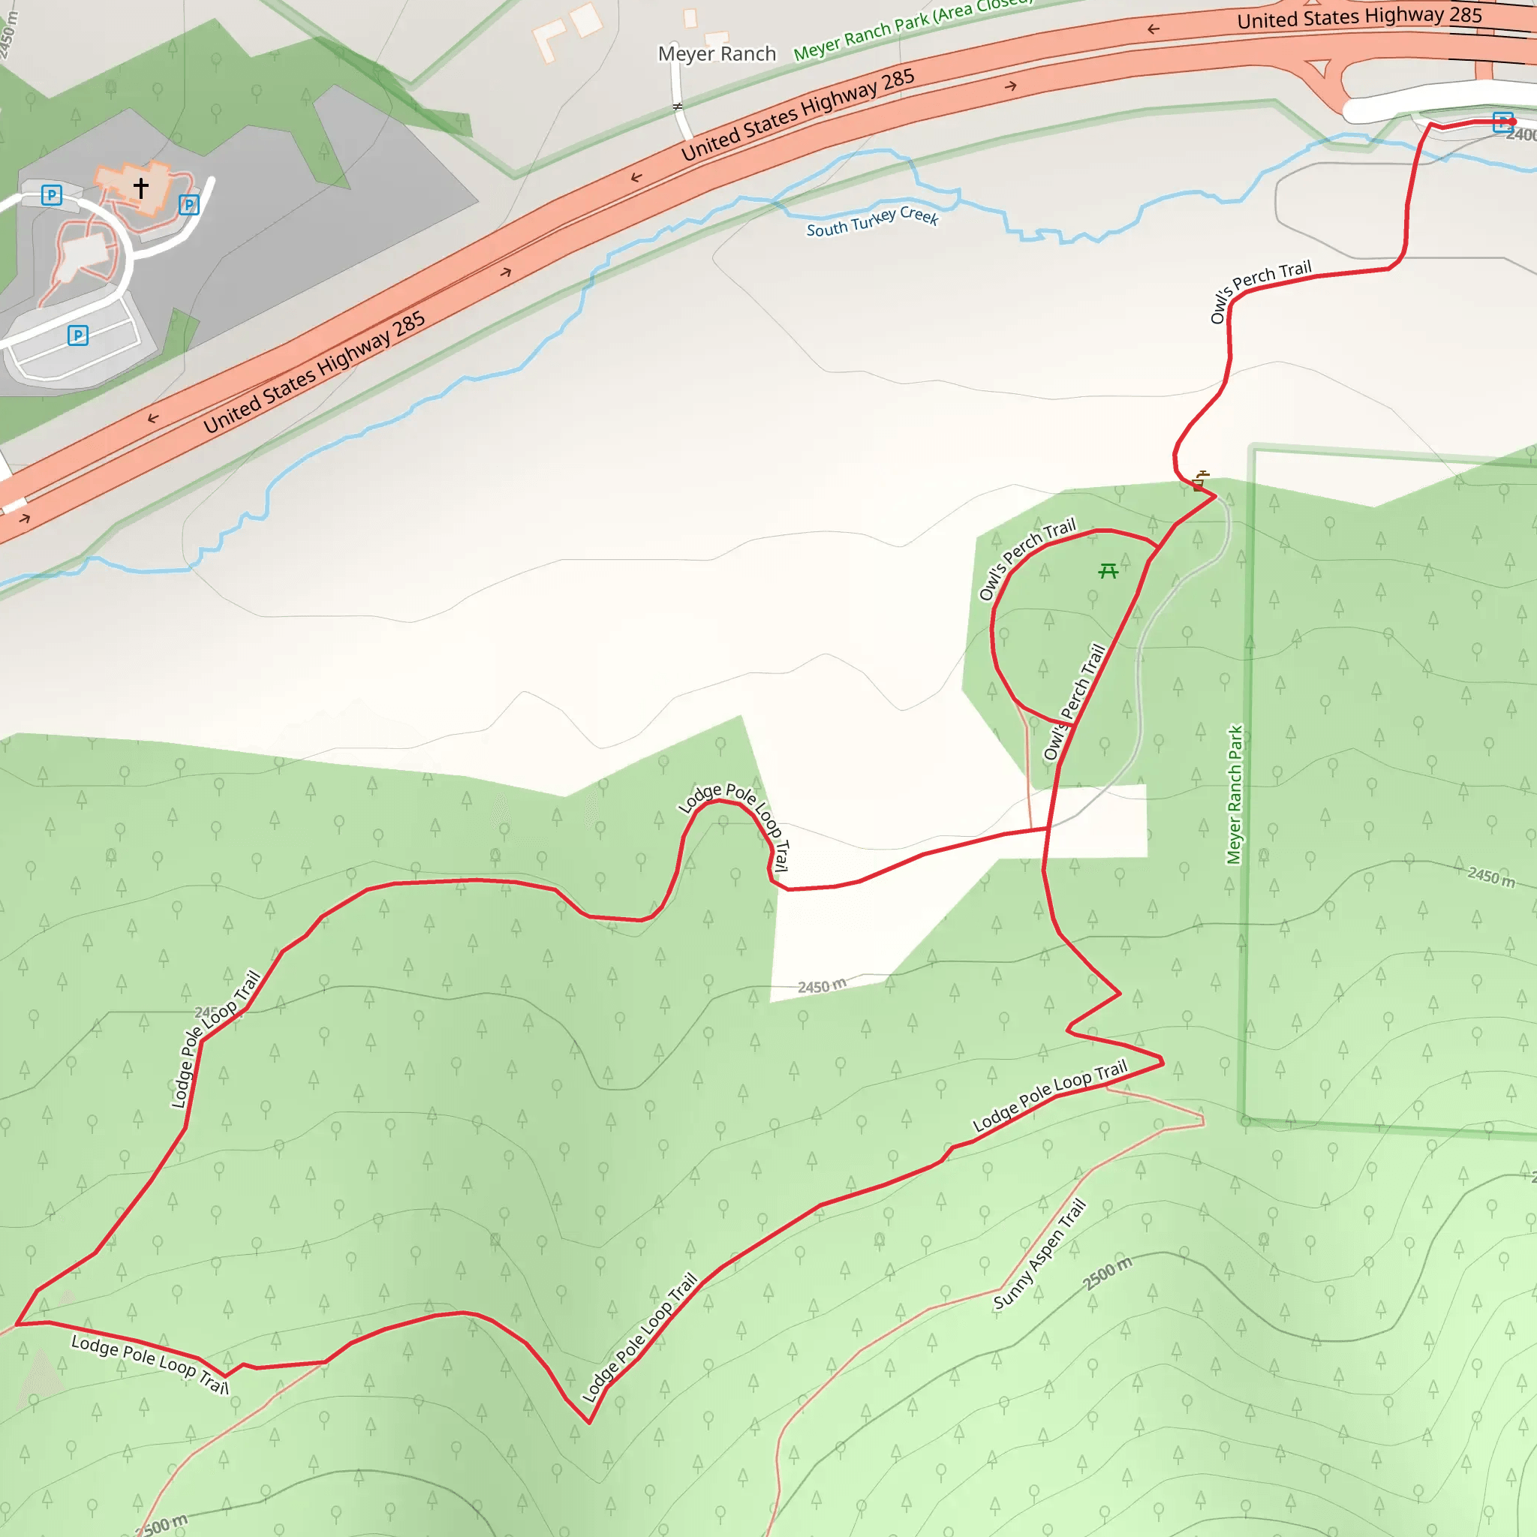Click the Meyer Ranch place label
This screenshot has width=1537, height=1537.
coord(717,54)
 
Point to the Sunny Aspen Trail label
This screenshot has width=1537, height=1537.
coord(1039,1255)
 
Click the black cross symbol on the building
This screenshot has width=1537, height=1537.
coord(141,188)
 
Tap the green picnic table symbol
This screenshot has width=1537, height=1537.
coord(1108,570)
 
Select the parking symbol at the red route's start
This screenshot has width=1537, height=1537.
coord(1502,122)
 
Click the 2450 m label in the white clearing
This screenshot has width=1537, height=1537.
coord(822,986)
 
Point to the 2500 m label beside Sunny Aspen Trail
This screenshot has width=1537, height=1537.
coord(1107,1274)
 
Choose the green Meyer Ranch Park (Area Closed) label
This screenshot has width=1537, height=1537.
coord(913,28)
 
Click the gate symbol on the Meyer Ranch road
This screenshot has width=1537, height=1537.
coord(678,106)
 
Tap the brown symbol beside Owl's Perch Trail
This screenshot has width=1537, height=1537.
coord(1201,480)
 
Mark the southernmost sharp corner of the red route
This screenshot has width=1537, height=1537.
coord(589,1422)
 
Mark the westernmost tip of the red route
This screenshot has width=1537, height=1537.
coord(17,1325)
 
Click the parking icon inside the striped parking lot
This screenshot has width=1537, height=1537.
coord(78,335)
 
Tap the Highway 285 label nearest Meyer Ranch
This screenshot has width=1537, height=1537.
coord(797,115)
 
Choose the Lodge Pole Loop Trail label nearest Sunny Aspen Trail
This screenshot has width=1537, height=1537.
coord(1050,1096)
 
